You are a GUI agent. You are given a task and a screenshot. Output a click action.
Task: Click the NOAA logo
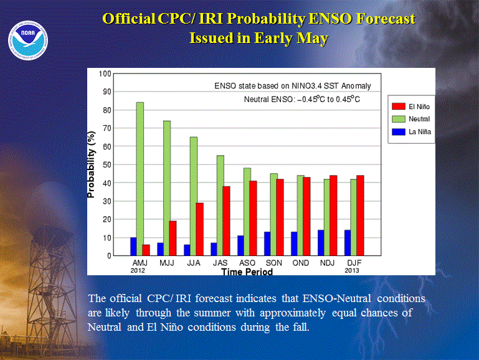coord(28,40)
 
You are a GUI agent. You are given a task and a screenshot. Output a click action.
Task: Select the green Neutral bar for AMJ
coord(140,179)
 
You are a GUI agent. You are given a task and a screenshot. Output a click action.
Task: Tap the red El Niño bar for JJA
coord(199,229)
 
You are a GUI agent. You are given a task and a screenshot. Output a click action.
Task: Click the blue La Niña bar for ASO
coord(240,245)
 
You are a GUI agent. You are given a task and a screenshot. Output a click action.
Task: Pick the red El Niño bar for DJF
coord(360,216)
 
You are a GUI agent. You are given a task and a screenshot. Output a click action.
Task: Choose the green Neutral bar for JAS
coord(221,206)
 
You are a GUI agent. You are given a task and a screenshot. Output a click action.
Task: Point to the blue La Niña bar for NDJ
coord(321,243)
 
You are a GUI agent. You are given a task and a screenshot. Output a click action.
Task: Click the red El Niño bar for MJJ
coord(173,238)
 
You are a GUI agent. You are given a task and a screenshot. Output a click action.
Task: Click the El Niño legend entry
coord(411,107)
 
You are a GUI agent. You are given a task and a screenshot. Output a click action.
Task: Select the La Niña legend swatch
coord(399,131)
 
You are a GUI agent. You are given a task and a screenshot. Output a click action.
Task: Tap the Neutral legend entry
coord(411,119)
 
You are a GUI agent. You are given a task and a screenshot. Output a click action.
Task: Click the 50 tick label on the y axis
coord(107,165)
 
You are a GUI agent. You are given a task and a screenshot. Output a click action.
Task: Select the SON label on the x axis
coord(273,263)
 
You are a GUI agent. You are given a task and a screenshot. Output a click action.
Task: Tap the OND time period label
coord(301,263)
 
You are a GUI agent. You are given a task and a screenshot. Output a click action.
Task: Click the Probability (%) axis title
coord(92,164)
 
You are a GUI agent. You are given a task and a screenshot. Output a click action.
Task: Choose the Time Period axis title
coord(247,272)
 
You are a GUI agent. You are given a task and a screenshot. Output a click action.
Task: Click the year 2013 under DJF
coord(352,270)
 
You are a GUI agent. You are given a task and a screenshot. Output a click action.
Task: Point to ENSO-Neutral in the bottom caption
coord(336,298)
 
